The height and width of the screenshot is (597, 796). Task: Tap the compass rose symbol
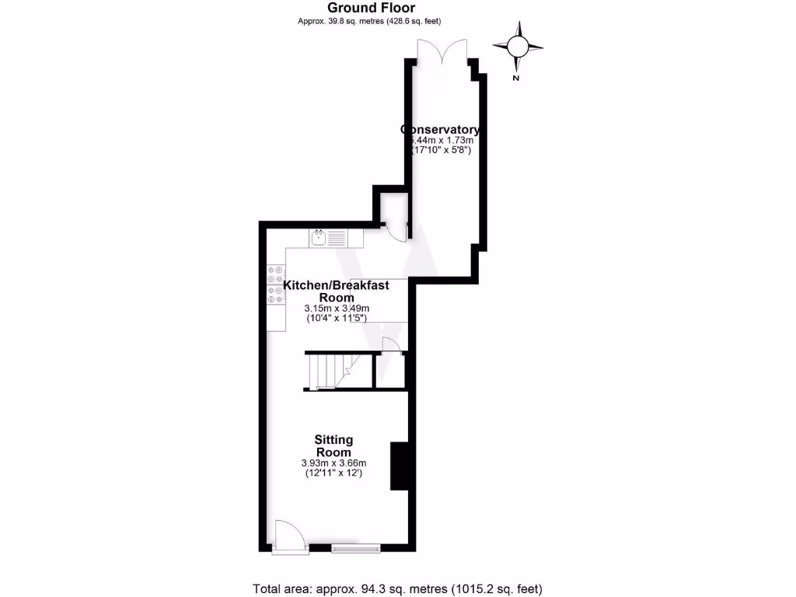516,48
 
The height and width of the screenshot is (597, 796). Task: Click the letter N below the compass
516,78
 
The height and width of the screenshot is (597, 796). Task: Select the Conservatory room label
440,129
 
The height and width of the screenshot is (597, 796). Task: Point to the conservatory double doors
443,53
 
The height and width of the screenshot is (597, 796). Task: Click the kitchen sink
319,239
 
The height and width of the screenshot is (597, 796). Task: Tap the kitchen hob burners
275,283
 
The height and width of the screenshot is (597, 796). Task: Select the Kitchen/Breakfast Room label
336,292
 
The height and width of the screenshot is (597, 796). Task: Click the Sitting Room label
333,446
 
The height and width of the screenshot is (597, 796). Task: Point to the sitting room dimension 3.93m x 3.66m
333,463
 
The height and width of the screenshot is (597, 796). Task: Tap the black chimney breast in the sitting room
399,466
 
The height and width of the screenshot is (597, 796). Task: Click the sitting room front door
290,537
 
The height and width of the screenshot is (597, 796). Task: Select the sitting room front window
356,549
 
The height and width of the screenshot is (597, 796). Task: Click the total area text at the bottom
397,588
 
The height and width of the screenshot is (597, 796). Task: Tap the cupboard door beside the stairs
392,347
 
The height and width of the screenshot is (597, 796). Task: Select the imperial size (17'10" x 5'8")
441,149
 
